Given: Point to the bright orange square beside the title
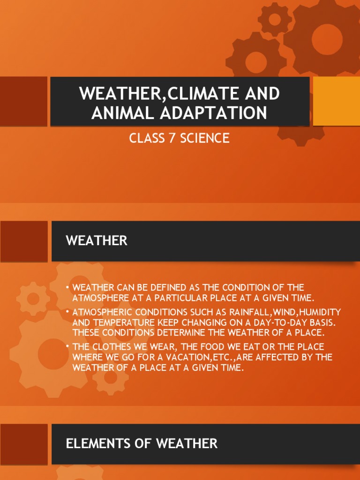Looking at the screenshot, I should click(x=336, y=101).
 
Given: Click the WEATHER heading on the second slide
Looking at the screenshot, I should click(x=97, y=241).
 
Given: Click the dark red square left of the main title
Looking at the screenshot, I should click(x=23, y=101).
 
